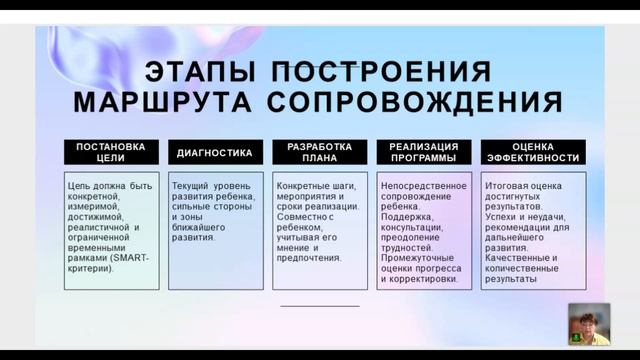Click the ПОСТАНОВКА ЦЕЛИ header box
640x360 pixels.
click(x=110, y=152)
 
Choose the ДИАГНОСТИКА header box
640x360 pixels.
click(x=215, y=153)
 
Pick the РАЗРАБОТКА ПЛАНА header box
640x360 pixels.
click(x=319, y=152)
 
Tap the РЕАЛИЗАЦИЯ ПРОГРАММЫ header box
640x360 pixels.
click(x=423, y=152)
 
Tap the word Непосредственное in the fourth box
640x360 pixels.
click(x=423, y=186)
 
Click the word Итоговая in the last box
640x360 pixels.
click(x=507, y=186)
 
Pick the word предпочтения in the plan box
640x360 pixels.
click(x=309, y=256)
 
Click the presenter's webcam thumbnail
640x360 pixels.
click(x=588, y=324)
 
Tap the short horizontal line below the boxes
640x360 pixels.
click(x=319, y=305)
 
